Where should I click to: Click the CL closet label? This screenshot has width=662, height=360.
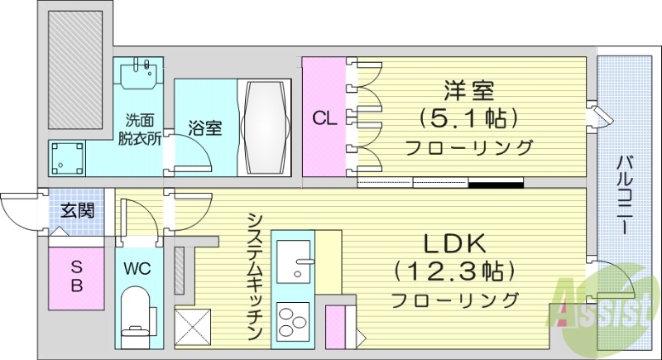coord(324,118)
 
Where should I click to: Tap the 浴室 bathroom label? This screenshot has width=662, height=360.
coord(204,129)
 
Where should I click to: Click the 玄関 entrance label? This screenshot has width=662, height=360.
coord(77,210)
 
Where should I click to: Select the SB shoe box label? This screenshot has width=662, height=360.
coord(75,276)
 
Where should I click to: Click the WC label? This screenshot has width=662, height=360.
coord(137,269)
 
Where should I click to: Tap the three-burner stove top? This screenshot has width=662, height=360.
coord(293,321)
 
